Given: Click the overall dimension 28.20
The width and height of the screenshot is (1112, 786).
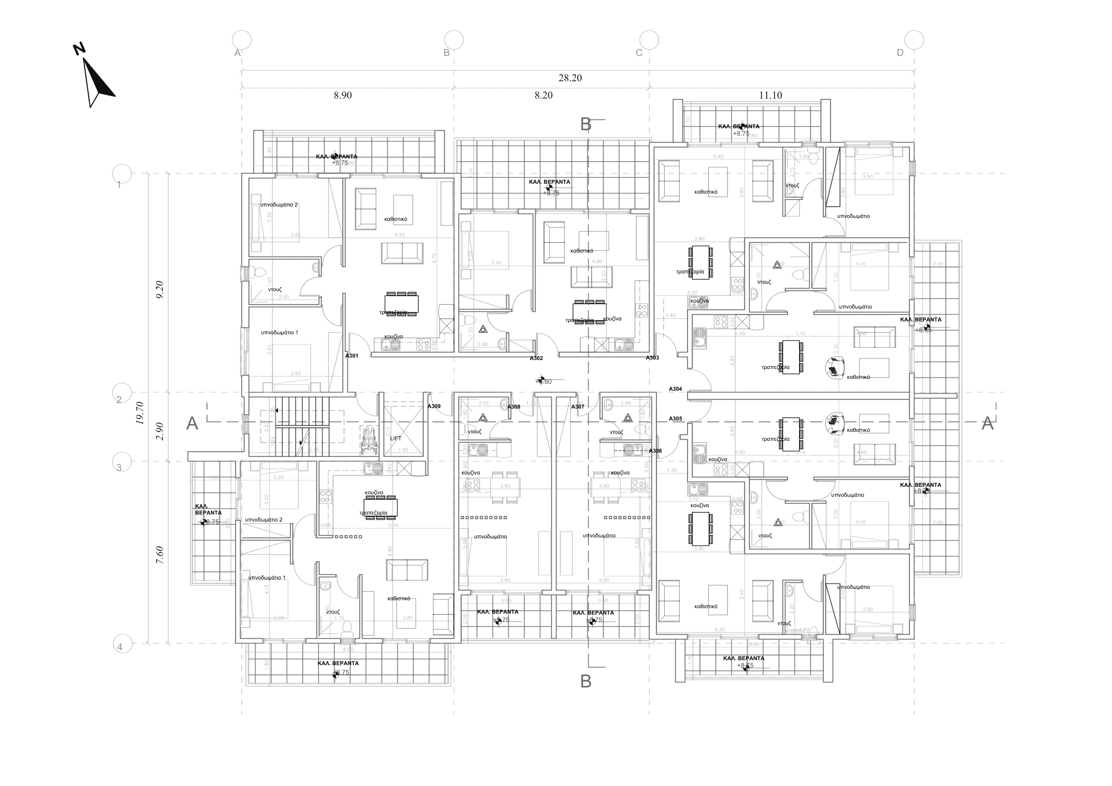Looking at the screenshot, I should tap(570, 78).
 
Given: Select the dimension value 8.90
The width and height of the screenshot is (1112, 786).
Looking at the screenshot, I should tap(343, 95).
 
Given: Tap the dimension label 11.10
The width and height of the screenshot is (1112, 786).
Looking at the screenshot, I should tap(770, 95).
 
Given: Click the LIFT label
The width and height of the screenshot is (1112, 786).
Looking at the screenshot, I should tap(396, 438).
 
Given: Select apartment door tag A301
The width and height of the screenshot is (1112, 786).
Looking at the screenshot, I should tap(352, 356).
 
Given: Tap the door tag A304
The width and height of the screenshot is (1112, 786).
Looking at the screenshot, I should tap(675, 389).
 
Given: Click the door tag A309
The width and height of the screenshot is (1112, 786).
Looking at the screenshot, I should tap(434, 406).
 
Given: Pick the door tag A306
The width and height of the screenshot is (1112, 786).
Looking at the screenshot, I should tap(655, 451).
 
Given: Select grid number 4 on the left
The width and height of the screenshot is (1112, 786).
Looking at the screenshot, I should tap(119, 647).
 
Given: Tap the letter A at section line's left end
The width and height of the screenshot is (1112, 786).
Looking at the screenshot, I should tap(192, 423).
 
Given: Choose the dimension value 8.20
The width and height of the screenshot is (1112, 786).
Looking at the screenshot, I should tap(543, 95).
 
